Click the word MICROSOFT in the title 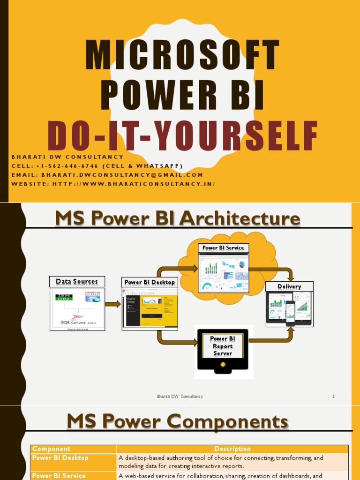pos(182,56)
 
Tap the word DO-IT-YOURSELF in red pos(182,136)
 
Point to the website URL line pos(113,184)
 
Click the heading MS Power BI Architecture pos(177,218)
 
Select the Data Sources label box pos(77,282)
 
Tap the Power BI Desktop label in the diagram pos(150,282)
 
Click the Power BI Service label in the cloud pos(223,248)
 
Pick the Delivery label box pos(289,286)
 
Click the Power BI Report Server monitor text pos(223,346)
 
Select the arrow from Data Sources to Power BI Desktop pos(112,304)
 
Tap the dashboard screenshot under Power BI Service pos(224,272)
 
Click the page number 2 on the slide pos(333,397)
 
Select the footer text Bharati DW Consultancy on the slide pos(180,397)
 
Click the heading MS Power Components pos(177,422)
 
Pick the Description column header pos(232,449)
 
